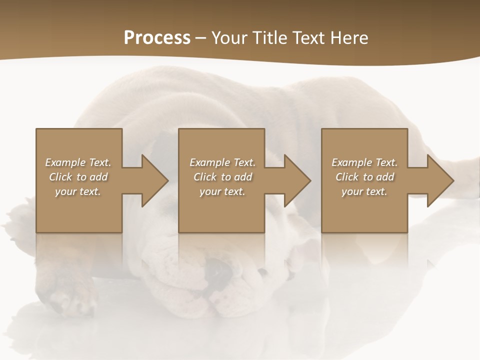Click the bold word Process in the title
tap(157, 38)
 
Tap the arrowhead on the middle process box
tap(296, 180)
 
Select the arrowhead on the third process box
tap(439, 180)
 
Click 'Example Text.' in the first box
tap(78, 162)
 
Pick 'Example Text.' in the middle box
tap(222, 162)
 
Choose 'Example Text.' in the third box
tap(364, 162)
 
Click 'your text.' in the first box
tap(78, 191)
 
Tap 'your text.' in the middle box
tap(222, 191)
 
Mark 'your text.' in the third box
tap(364, 191)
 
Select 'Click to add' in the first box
tap(78, 177)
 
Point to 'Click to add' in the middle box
tap(222, 177)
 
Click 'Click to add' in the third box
tap(364, 177)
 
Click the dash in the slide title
tap(200, 38)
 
